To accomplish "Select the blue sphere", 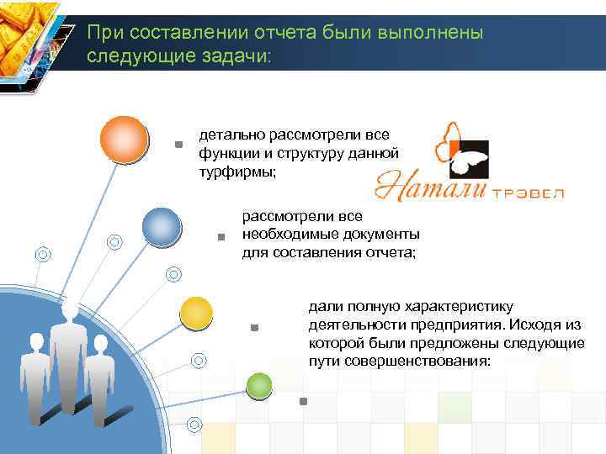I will (x=162, y=226).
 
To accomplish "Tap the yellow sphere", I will (x=196, y=314).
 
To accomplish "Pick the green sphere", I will (x=259, y=385).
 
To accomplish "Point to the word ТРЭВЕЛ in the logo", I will (x=528, y=193).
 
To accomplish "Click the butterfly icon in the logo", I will (x=461, y=146).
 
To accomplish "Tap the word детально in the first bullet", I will (x=227, y=135).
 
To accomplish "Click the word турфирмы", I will (x=237, y=171).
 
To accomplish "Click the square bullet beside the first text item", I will (x=178, y=145).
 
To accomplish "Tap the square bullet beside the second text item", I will (x=221, y=238).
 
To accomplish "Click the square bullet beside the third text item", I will (x=254, y=327).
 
